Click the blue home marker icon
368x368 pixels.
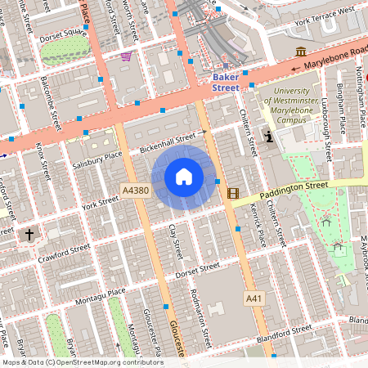pyautogui.click(x=184, y=177)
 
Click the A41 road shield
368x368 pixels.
pyautogui.click(x=256, y=300)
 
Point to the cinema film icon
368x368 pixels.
pyautogui.click(x=235, y=194)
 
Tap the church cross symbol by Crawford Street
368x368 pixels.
pyautogui.click(x=30, y=236)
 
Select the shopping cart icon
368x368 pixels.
pyautogui.click(x=126, y=56)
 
